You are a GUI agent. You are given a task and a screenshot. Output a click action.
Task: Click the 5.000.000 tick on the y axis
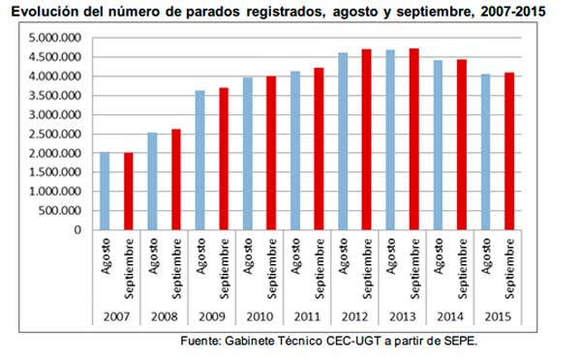click(59, 38)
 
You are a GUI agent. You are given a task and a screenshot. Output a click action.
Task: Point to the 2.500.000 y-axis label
click(59, 135)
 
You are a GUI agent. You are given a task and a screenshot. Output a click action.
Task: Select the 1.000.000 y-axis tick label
click(59, 192)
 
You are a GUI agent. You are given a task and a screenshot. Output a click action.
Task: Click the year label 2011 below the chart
click(306, 315)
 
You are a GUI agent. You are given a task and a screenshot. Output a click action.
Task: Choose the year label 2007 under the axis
click(116, 315)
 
